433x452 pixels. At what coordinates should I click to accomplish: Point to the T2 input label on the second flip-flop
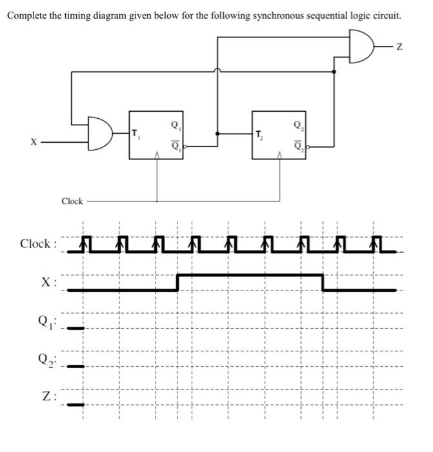[x=259, y=134]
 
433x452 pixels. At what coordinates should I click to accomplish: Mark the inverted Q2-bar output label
[x=297, y=144]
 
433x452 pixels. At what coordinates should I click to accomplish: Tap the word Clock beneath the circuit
[x=72, y=201]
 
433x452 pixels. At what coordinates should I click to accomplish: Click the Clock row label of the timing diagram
[x=37, y=243]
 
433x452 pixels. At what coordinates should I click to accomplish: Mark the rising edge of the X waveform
[x=178, y=282]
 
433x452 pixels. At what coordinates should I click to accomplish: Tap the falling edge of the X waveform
[x=323, y=282]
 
